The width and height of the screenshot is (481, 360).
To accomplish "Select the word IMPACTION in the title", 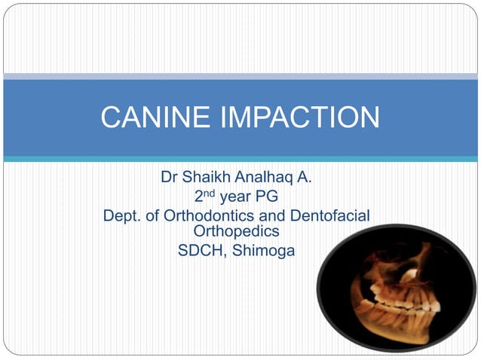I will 305,117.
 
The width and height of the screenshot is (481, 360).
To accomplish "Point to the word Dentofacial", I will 330,217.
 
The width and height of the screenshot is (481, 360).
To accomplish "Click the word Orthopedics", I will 236,231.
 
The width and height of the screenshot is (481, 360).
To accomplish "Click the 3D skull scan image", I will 396,289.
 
